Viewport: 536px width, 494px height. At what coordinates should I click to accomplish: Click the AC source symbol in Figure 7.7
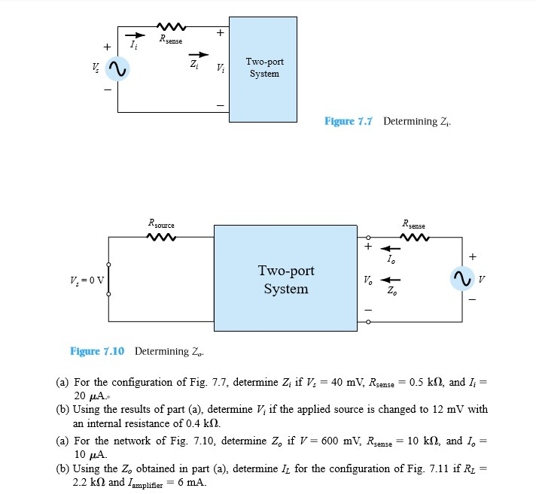tap(117, 70)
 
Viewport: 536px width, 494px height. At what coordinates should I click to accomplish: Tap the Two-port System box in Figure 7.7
tap(262, 68)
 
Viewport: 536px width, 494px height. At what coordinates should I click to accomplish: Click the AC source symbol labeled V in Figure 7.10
tap(461, 279)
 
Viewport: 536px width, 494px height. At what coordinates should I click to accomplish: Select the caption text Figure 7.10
tap(98, 351)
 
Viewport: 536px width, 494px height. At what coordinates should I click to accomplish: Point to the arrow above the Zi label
tap(196, 54)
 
